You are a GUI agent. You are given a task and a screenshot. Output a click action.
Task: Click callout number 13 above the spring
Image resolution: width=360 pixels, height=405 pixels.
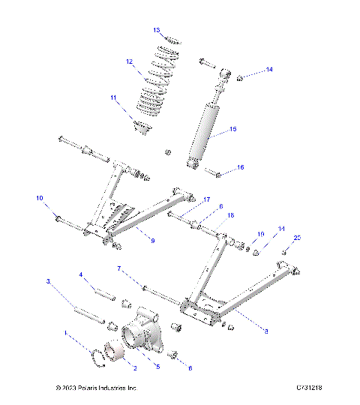[157, 30]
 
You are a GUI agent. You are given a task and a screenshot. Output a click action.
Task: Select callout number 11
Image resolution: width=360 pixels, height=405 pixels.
[114, 98]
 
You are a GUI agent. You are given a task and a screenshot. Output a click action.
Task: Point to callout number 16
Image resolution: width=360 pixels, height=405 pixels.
[241, 168]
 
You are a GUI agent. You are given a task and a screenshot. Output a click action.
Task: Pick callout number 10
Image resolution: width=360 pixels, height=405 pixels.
[40, 198]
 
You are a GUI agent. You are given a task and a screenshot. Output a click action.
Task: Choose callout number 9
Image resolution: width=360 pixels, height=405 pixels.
[152, 241]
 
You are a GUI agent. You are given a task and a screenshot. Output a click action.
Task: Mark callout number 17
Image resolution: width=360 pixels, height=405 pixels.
[206, 199]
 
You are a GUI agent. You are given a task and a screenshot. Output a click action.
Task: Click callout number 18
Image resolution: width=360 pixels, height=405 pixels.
[231, 215]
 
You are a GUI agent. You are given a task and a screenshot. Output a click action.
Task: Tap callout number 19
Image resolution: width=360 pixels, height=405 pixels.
[261, 235]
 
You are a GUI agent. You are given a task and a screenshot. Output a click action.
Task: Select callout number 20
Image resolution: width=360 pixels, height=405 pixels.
[296, 238]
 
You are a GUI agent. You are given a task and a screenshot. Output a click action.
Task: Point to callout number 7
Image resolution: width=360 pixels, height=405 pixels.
[118, 268]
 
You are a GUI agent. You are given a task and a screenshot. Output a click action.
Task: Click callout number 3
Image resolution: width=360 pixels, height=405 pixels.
[48, 282]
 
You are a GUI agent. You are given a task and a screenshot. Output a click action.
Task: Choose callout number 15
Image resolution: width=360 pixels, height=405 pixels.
[232, 129]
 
